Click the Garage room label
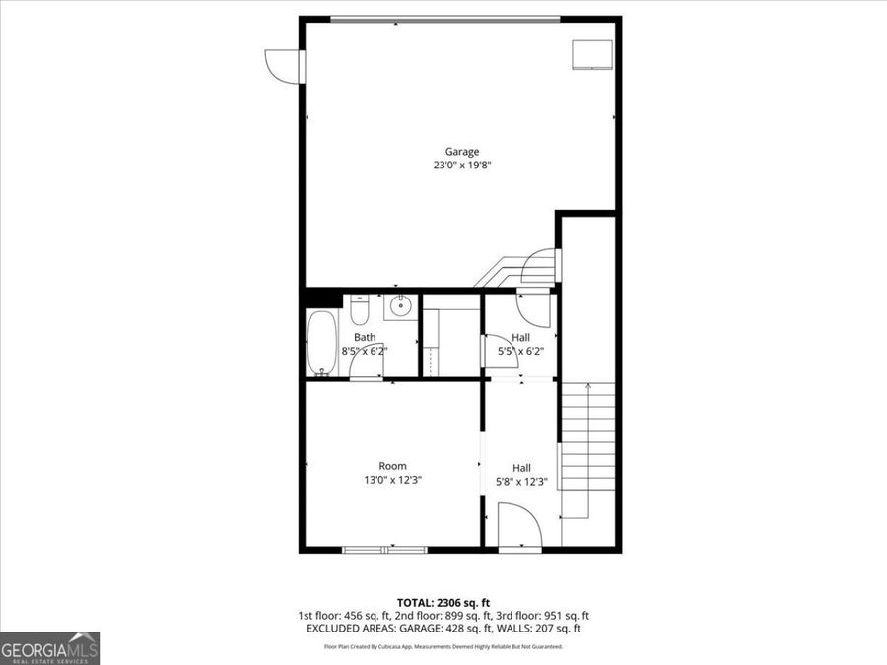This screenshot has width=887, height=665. tap(462, 152)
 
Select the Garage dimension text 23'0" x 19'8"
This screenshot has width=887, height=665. tap(462, 166)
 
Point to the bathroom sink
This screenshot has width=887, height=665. tap(400, 307)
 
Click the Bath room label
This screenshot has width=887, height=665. tap(365, 337)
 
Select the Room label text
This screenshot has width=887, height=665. tap(392, 466)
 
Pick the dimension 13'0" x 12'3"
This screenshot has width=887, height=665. tap(392, 480)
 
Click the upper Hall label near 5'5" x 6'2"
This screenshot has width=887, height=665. tap(521, 337)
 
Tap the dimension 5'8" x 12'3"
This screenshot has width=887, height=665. tap(521, 482)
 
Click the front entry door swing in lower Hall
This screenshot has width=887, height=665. tap(519, 526)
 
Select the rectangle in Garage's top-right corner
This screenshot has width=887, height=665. tap(593, 55)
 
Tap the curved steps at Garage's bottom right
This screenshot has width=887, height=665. tap(522, 269)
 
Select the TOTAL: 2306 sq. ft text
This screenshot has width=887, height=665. tap(443, 601)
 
